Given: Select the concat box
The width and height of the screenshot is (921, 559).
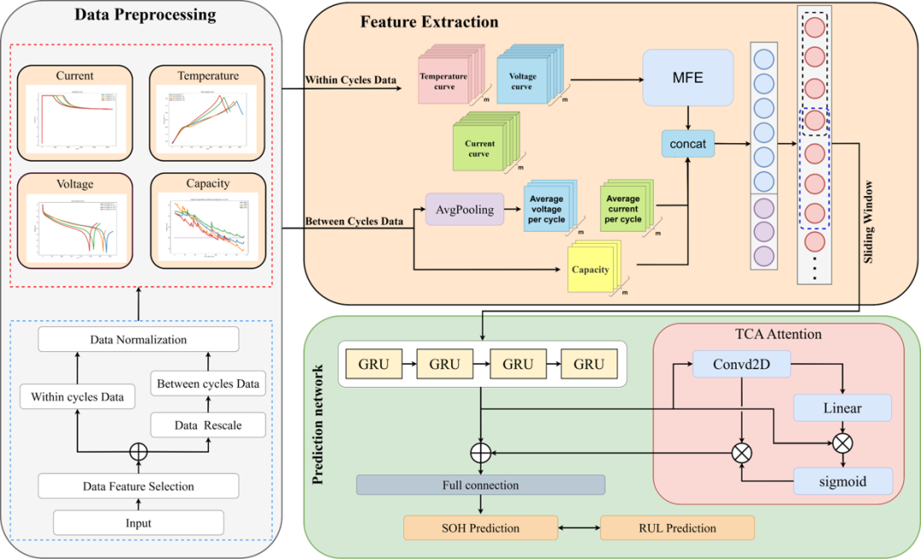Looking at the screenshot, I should tap(687, 144).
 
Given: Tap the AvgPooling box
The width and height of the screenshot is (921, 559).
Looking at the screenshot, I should tap(464, 210).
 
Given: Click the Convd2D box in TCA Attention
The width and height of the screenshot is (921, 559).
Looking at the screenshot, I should tap(741, 366).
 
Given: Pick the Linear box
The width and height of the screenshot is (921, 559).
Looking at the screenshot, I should tap(842, 408).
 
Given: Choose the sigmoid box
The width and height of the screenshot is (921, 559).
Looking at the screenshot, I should tap(843, 481).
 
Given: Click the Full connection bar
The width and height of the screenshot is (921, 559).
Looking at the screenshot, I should tap(480, 485).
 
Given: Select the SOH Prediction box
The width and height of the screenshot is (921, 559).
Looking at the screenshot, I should tap(480, 528).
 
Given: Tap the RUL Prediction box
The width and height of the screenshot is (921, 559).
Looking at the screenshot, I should tap(677, 528).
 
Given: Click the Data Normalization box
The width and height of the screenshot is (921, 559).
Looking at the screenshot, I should tap(138, 340).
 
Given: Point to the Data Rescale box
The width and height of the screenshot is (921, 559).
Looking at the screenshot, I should tap(208, 425).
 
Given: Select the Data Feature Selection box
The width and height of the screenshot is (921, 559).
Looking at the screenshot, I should tap(138, 487).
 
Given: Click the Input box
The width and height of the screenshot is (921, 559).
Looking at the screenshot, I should tap(138, 522).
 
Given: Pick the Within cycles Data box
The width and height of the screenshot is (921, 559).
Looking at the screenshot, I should tap(77, 396).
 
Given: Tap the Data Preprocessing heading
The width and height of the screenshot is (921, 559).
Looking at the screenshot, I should tap(145, 15).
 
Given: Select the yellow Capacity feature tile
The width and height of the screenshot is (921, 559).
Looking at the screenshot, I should tap(590, 269).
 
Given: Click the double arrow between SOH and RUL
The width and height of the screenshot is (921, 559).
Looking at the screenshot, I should tap(579, 528).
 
